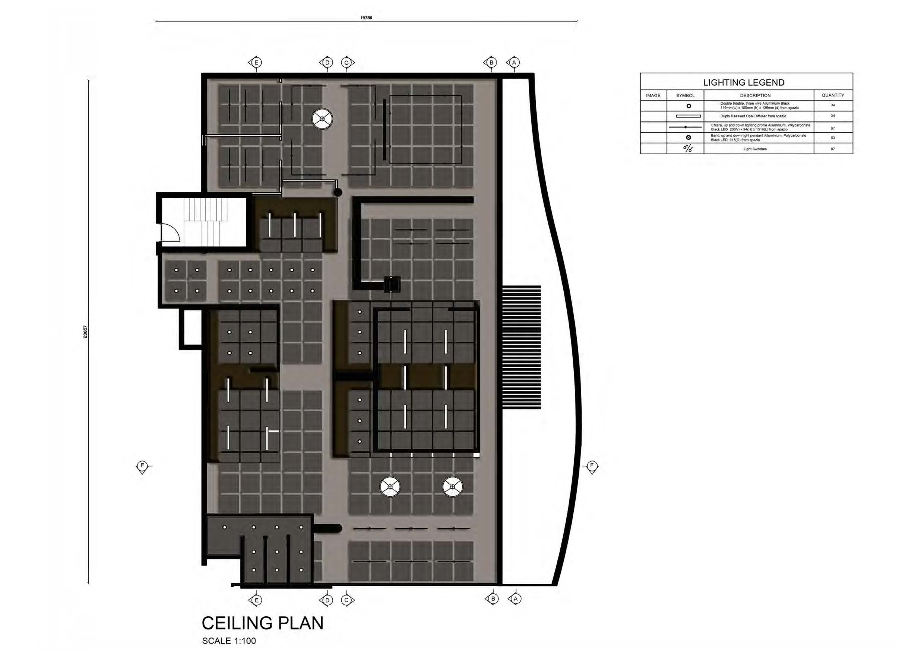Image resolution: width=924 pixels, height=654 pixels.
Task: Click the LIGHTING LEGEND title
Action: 743,83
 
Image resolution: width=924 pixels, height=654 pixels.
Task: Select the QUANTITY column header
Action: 833,95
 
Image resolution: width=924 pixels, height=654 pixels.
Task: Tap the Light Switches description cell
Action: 754,149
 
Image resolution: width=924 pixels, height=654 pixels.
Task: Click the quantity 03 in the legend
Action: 833,138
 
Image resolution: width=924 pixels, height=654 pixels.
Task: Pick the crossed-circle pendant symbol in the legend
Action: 689,138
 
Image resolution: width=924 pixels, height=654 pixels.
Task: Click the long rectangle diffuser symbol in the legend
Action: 688,116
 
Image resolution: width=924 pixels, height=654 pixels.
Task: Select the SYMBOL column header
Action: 685,95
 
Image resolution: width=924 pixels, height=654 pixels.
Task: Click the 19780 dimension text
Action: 366,18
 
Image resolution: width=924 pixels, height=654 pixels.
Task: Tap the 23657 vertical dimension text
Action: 85,331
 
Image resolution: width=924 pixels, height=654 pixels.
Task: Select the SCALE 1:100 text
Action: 229,641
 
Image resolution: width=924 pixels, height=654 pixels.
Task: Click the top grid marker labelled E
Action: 256,63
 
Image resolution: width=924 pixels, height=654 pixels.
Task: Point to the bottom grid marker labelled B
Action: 493,599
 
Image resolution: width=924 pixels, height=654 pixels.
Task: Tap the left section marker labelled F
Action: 142,466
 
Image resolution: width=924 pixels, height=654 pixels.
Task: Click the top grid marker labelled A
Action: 514,63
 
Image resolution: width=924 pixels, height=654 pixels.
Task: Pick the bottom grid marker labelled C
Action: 346,600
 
